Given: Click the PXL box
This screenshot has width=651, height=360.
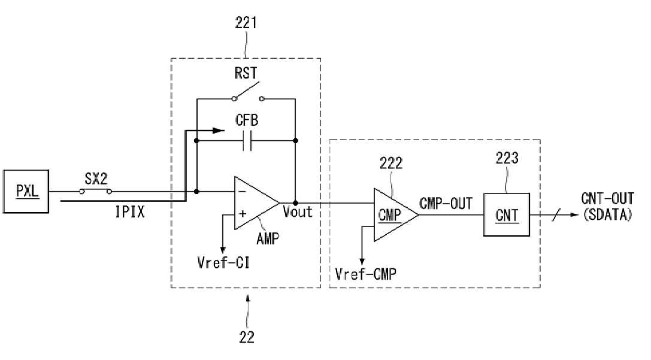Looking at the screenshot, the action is tap(26, 192).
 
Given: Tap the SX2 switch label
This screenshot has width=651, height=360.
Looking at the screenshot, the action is tap(96, 179).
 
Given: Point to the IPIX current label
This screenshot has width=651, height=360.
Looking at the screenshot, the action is tap(130, 212).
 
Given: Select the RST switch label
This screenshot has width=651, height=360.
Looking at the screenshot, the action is tap(246, 74).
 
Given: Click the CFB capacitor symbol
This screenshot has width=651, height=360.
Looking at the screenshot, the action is tap(247, 141).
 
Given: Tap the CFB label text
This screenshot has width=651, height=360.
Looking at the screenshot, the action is tap(247, 120).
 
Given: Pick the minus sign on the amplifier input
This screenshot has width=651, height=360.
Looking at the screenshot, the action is tap(243, 192).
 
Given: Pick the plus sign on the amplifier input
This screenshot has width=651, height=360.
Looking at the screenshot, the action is tap(243, 214).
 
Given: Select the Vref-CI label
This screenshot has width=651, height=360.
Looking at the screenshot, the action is tap(223, 262).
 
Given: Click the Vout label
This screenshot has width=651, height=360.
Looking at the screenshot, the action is tap(297, 212).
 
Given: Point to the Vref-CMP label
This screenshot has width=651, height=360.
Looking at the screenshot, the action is tap(365, 274).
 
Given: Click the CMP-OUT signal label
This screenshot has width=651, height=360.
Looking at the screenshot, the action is tap(446, 204).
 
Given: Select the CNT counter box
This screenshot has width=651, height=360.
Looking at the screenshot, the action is tap(507, 214).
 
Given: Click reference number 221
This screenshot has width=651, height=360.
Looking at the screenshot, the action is tap(246, 23).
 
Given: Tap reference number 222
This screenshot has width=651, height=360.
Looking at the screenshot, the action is tap(390, 163).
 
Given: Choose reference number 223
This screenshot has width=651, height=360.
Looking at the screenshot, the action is tap(507, 158).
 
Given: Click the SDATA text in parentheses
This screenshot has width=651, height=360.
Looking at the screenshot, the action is tap(607, 214).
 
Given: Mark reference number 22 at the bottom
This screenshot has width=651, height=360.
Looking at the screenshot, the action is tap(247, 337).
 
